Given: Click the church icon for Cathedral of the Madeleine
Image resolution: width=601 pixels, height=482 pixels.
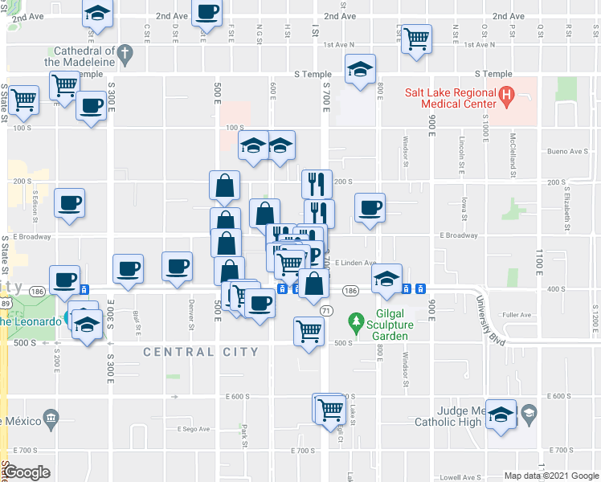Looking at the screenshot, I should point(124,54).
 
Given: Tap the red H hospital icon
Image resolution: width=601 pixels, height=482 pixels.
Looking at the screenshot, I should point(506,98).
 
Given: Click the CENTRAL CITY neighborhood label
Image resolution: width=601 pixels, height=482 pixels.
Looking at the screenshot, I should point(201,352).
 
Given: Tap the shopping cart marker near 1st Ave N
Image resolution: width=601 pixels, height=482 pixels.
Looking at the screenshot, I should point(416,39).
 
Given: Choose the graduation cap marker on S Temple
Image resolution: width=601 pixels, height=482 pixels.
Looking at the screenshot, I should point(360,70).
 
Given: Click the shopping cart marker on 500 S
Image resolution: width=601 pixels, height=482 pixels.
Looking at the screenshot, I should point(309,331).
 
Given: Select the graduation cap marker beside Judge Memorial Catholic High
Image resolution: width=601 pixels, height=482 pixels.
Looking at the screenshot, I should point(501,415).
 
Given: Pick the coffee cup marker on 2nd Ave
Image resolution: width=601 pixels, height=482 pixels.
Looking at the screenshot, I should point(207,13).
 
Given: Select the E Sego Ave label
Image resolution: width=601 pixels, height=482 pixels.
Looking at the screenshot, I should point(193,430).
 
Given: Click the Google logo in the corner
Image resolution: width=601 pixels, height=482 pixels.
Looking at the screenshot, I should point(27,472).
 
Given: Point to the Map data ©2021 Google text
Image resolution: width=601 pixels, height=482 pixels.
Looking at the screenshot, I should point(550,476).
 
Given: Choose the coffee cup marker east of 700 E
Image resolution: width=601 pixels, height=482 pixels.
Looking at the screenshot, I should point(370,208).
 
